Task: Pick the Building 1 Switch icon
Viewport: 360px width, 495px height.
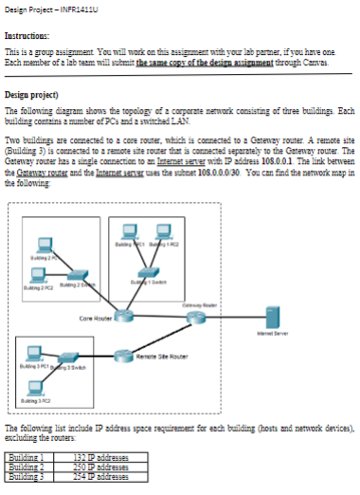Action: pyautogui.click(x=142, y=271)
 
